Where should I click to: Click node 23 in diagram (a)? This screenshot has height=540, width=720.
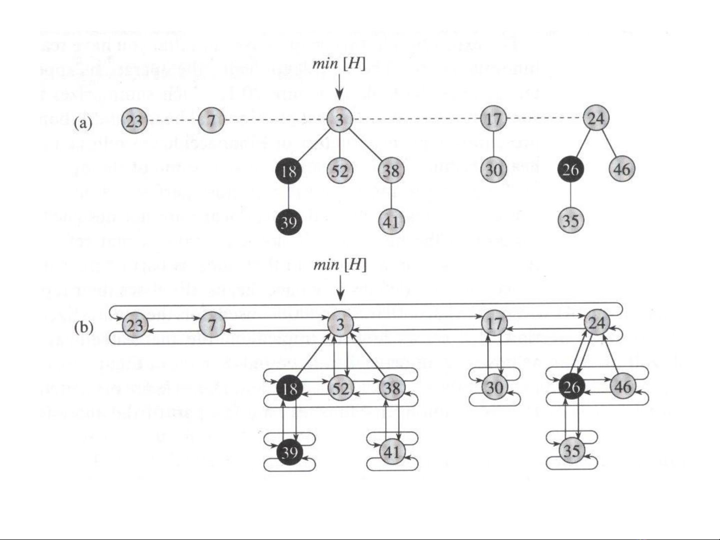point(134,121)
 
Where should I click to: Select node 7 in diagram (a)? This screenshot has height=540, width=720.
point(211,121)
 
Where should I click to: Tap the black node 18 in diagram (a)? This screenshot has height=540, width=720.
point(289,171)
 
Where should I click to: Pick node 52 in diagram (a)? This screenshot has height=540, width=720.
point(340,171)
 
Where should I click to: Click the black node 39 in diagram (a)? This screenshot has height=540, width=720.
point(289,221)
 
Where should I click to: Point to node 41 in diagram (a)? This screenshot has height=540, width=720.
point(391,221)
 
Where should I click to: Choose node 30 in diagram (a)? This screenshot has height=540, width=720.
point(494,170)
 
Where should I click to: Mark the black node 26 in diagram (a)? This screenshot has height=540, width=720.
point(571,170)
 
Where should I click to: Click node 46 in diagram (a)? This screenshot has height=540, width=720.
point(622,170)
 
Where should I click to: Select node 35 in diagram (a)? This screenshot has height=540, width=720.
point(571,220)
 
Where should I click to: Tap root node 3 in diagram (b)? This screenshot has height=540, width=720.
point(340,325)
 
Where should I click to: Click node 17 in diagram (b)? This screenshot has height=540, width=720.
point(494,323)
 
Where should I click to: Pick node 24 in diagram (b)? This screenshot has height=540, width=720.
point(597,323)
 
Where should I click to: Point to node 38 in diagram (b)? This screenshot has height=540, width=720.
point(392,388)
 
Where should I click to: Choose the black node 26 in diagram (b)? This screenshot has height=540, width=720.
point(571,387)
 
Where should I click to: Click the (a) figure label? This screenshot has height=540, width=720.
point(83,123)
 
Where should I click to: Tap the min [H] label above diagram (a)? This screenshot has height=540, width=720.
point(339,64)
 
